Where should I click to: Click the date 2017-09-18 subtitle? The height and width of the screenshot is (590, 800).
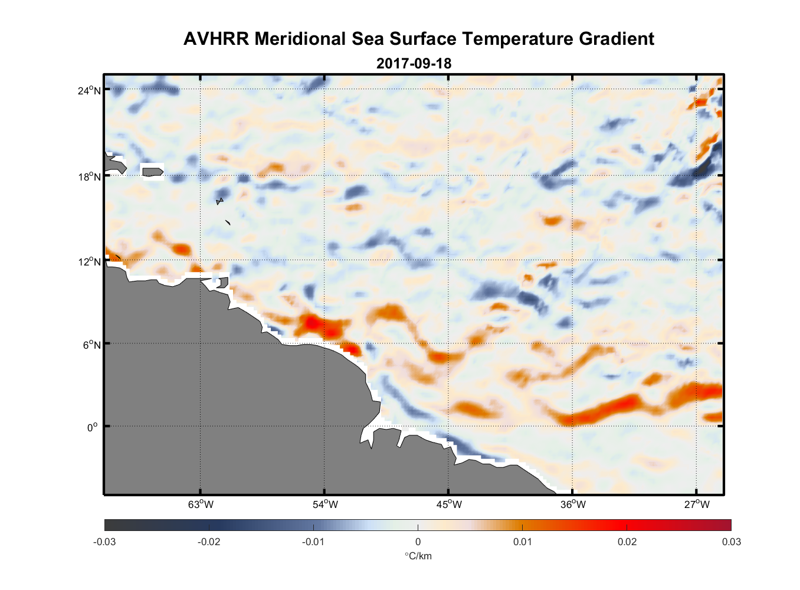pyautogui.click(x=414, y=63)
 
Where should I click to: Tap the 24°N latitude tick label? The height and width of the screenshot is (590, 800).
pyautogui.click(x=89, y=90)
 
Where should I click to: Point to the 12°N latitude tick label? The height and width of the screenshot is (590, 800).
pyautogui.click(x=89, y=261)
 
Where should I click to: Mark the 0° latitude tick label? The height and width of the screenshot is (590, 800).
pyautogui.click(x=92, y=427)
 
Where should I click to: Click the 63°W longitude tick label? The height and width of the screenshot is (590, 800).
pyautogui.click(x=201, y=504)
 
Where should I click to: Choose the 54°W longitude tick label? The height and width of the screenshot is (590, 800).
pyautogui.click(x=325, y=504)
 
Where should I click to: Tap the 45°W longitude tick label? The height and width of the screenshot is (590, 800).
pyautogui.click(x=449, y=504)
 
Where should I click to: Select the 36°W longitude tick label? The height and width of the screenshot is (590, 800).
pyautogui.click(x=573, y=504)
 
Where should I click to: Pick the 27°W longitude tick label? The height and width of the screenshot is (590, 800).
pyautogui.click(x=697, y=504)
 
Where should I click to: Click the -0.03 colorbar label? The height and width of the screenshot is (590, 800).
pyautogui.click(x=104, y=542)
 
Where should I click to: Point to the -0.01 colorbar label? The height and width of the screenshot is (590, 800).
pyautogui.click(x=313, y=542)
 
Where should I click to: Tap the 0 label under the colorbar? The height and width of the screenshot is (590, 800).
pyautogui.click(x=418, y=542)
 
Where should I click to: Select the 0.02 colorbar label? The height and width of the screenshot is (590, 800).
pyautogui.click(x=627, y=542)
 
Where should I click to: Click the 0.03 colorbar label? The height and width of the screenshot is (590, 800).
pyautogui.click(x=731, y=542)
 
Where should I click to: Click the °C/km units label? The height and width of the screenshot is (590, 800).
pyautogui.click(x=418, y=556)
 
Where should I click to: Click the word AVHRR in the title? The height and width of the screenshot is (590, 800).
pyautogui.click(x=216, y=39)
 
